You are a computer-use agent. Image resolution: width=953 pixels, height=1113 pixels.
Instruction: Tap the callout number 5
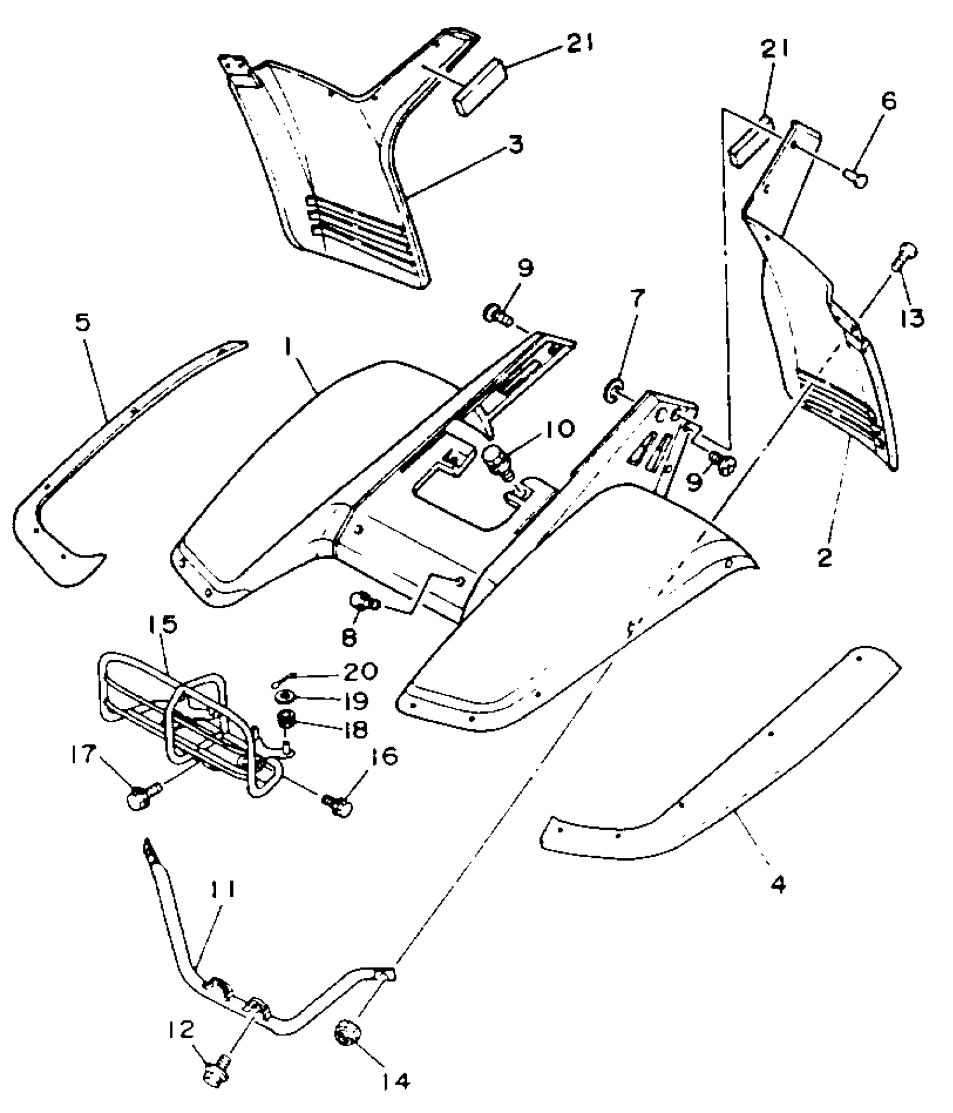coord(84,323)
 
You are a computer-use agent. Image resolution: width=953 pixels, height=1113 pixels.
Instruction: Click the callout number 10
coord(557,430)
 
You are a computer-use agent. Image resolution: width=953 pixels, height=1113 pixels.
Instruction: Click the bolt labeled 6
coord(856,178)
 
